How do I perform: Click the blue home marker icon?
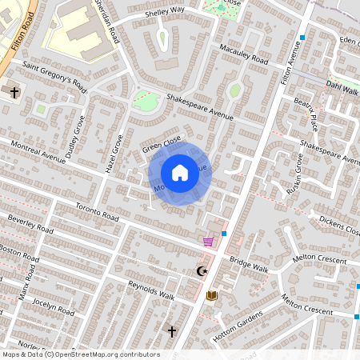(x=180, y=173)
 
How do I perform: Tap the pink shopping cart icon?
(x=208, y=241)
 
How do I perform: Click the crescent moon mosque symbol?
(x=202, y=272)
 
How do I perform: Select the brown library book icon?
(x=211, y=296)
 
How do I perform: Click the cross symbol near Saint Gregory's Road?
(x=14, y=93)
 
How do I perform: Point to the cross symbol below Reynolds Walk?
(x=170, y=330)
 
